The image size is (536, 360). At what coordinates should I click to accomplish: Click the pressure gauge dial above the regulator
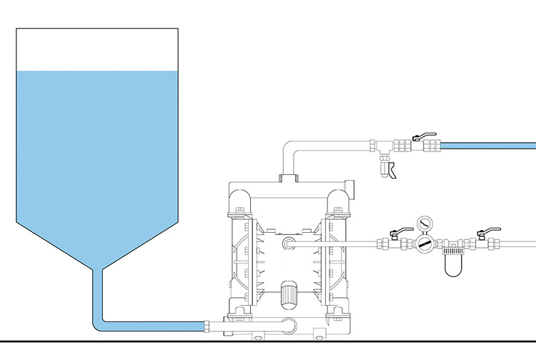click(425, 224)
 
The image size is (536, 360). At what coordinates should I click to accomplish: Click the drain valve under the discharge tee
click(388, 170)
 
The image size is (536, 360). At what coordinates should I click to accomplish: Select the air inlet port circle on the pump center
click(289, 244)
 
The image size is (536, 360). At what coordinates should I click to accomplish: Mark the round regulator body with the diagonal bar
click(425, 244)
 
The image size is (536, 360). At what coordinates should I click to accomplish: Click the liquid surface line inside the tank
click(96, 71)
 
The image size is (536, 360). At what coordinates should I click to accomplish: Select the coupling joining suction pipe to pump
click(208, 326)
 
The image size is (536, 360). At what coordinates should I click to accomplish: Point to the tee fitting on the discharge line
click(382, 147)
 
